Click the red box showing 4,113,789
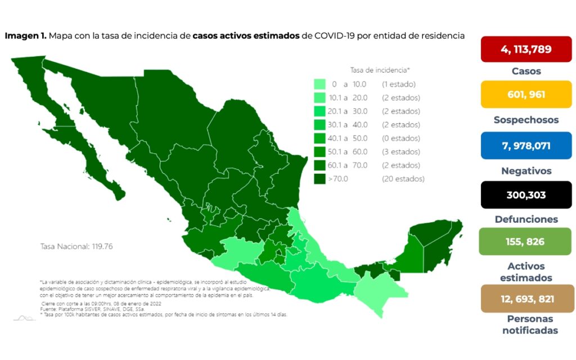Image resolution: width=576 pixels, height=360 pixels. click(526, 49)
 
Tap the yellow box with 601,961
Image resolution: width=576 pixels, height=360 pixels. click(526, 94)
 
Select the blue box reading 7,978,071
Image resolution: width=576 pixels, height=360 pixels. click(526, 146)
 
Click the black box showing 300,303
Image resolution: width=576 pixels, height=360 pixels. click(526, 195)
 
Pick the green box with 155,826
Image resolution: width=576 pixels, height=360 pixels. click(526, 241)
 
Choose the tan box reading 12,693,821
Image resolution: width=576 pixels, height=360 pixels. click(526, 298)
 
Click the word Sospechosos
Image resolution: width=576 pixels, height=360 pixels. click(526, 120)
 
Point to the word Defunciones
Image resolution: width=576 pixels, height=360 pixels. click(526, 219)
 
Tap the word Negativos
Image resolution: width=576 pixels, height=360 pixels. click(526, 170)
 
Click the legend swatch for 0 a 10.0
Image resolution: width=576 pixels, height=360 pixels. click(320, 84)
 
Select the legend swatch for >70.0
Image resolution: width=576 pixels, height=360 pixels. click(320, 179)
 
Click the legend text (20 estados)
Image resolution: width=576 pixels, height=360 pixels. click(403, 179)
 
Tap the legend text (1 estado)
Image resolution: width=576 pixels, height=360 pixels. click(398, 84)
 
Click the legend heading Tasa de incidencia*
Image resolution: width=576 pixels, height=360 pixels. click(380, 70)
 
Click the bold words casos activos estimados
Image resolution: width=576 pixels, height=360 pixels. click(246, 35)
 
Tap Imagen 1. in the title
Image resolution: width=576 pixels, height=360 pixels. click(25, 35)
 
